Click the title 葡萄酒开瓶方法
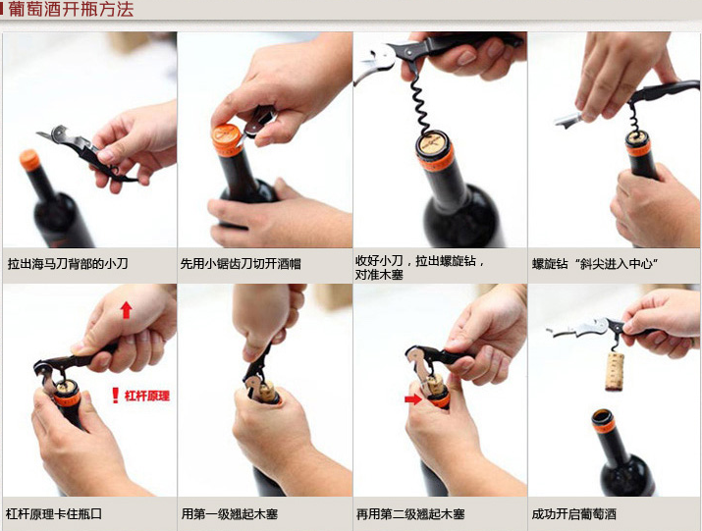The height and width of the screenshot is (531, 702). pyautogui.click(x=71, y=9)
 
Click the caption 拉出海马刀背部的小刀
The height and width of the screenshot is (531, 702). pyautogui.click(x=68, y=263)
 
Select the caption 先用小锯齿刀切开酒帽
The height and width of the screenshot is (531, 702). pyautogui.click(x=241, y=263)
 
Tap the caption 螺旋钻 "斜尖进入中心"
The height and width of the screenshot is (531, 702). pyautogui.click(x=595, y=263)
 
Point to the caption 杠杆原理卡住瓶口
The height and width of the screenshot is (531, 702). pyautogui.click(x=54, y=513)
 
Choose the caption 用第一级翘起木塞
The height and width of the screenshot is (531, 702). pyautogui.click(x=230, y=513)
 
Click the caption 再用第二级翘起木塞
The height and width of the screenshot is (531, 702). pyautogui.click(x=410, y=513)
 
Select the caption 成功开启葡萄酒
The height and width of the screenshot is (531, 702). pyautogui.click(x=574, y=513)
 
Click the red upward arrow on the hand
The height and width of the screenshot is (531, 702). pyautogui.click(x=127, y=310)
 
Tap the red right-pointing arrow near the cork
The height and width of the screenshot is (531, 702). pyautogui.click(x=412, y=398)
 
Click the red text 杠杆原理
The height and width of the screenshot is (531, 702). pyautogui.click(x=147, y=396)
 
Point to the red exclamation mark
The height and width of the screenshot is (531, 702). pyautogui.click(x=116, y=396)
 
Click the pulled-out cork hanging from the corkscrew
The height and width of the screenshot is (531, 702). pyautogui.click(x=615, y=371)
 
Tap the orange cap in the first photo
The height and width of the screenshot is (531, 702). pyautogui.click(x=30, y=160)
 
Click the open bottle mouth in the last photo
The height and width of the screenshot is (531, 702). pyautogui.click(x=603, y=416)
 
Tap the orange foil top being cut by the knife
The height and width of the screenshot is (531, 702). pyautogui.click(x=228, y=138)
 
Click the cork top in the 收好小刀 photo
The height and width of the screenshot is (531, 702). pyautogui.click(x=433, y=143)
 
